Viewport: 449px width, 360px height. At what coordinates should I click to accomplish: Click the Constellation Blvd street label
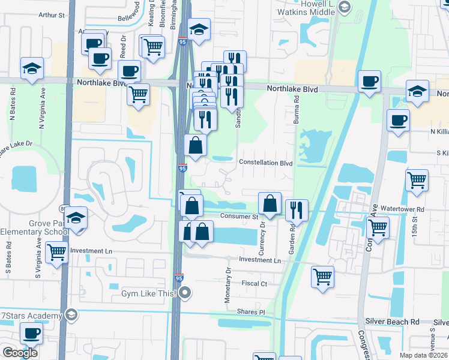click(265, 163)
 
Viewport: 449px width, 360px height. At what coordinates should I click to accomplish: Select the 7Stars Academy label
click(31, 316)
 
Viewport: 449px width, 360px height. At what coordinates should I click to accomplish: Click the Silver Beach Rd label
click(394, 322)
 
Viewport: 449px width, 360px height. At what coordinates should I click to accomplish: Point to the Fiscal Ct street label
click(254, 283)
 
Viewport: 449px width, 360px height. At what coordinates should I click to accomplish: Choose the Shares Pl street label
click(251, 312)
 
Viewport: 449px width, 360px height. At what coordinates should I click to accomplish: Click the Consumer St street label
click(238, 217)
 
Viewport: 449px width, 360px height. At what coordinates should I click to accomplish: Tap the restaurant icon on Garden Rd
click(297, 210)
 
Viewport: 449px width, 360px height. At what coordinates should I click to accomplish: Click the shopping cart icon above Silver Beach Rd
click(322, 277)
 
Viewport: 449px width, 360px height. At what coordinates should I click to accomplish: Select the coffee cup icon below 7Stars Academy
click(31, 333)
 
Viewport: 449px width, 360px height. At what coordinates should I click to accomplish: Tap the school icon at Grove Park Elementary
click(76, 218)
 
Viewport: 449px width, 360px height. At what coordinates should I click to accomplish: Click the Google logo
click(20, 352)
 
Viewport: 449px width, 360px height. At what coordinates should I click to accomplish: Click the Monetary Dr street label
click(228, 279)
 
